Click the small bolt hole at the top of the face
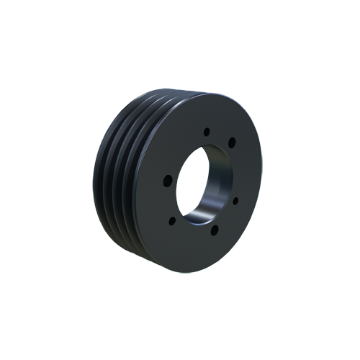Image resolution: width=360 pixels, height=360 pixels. point(207,132)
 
